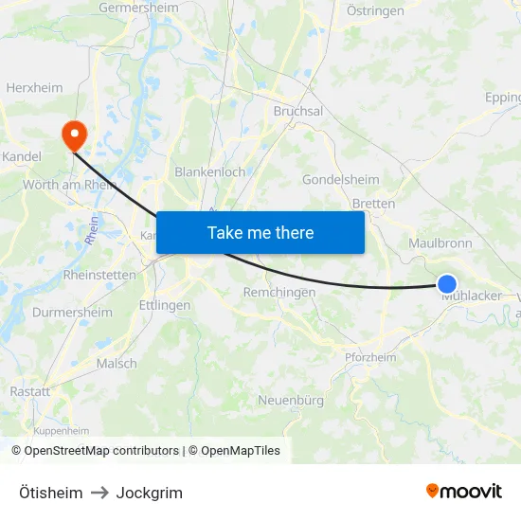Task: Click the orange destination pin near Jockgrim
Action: pyautogui.click(x=73, y=135)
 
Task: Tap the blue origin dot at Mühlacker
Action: pyautogui.click(x=447, y=283)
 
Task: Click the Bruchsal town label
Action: pyautogui.click(x=297, y=111)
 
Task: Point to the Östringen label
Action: pyautogui.click(x=375, y=11)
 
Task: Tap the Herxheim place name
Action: pyautogui.click(x=34, y=87)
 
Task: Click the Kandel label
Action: pyautogui.click(x=20, y=156)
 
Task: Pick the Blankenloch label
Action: pyautogui.click(x=209, y=172)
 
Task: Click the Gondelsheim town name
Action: pyautogui.click(x=340, y=180)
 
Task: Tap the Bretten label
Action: pyautogui.click(x=373, y=204)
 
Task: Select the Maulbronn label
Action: pyautogui.click(x=440, y=243)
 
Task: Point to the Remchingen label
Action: pyautogui.click(x=278, y=293)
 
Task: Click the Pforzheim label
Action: pyautogui.click(x=369, y=356)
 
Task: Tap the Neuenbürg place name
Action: pyautogui.click(x=291, y=401)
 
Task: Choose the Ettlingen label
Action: pyautogui.click(x=164, y=306)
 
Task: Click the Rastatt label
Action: pyautogui.click(x=29, y=391)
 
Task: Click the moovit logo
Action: pyautogui.click(x=463, y=491)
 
